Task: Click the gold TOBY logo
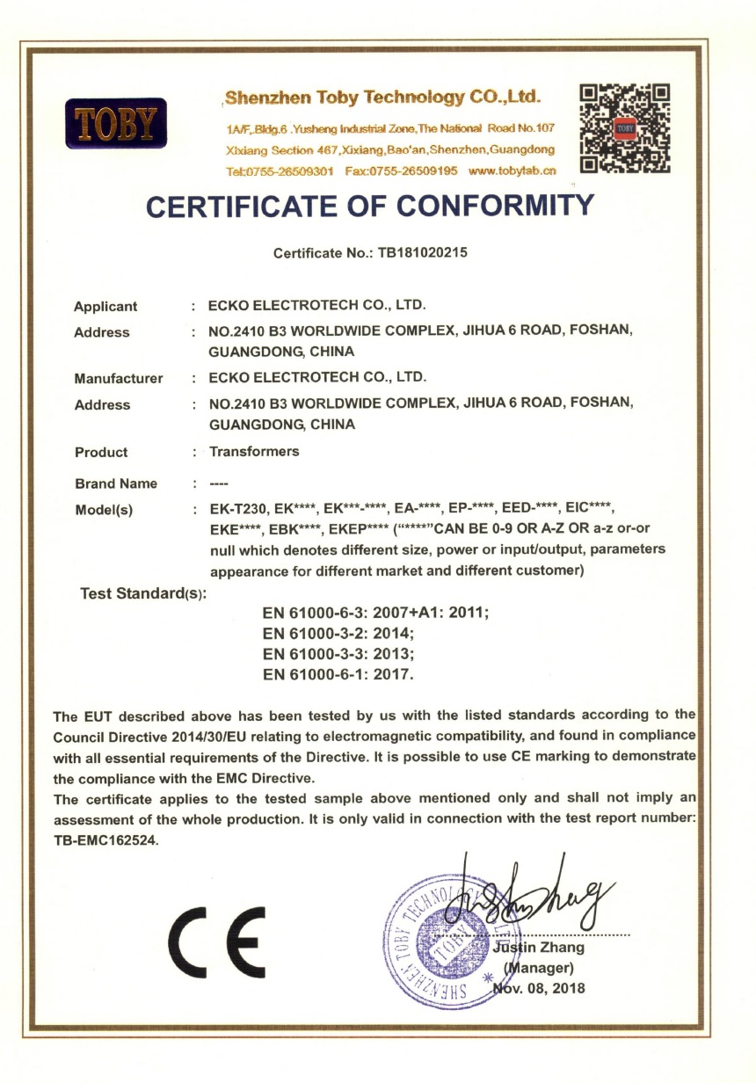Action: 116,123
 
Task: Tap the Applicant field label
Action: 105,307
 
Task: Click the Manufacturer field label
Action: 119,379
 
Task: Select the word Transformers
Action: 254,452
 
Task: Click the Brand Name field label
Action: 116,483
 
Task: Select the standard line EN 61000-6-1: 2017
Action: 338,675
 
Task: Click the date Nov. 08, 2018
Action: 538,988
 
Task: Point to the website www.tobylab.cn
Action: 513,171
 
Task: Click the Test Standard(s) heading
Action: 143,594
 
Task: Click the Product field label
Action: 101,453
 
